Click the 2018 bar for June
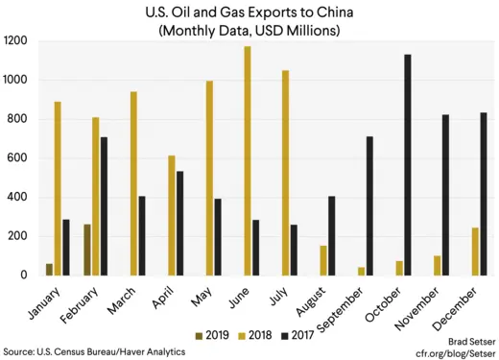click(247, 160)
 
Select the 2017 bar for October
click(408, 164)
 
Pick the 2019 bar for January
click(49, 269)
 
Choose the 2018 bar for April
click(171, 215)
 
